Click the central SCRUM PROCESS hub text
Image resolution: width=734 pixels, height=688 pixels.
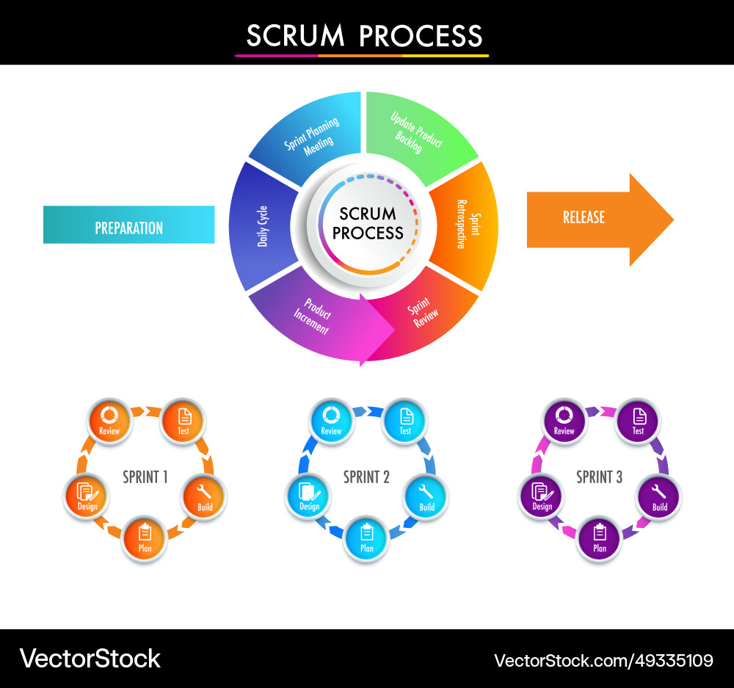(368, 223)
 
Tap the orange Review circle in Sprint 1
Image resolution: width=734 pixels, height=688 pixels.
(109, 419)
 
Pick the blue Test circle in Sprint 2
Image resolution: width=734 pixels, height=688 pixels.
(405, 419)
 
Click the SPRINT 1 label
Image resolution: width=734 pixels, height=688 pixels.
(145, 477)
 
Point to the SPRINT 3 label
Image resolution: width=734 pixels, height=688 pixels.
(599, 477)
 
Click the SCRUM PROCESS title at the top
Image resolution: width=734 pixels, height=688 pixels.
(364, 35)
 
